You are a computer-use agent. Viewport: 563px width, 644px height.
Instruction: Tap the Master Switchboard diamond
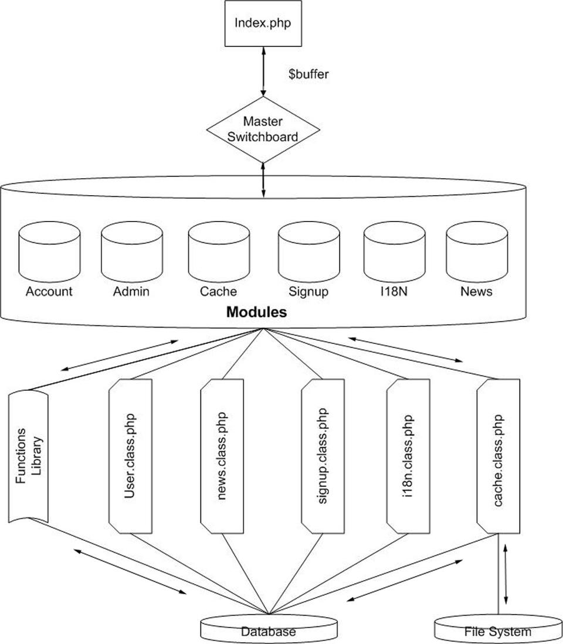tap(263, 130)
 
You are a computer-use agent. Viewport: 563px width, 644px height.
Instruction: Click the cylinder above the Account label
tap(49, 251)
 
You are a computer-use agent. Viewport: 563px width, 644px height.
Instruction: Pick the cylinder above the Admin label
tap(131, 251)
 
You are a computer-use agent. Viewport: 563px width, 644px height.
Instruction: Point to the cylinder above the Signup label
tap(308, 251)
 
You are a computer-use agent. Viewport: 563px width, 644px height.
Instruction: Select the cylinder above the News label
tap(476, 251)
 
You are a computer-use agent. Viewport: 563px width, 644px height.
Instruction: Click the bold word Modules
tap(257, 312)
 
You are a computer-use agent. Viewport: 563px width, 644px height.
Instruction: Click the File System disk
tap(497, 630)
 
